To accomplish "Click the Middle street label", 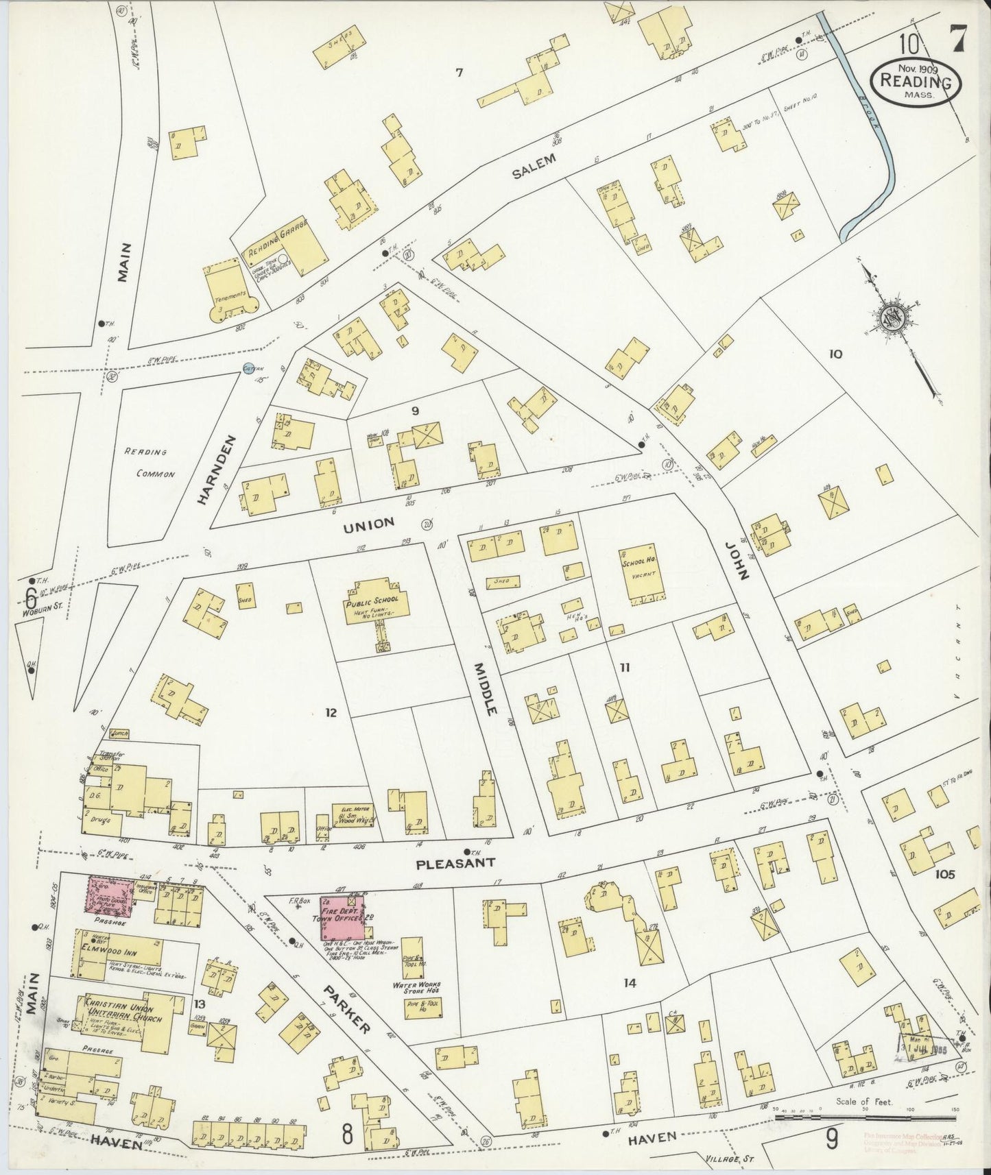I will click(484, 687).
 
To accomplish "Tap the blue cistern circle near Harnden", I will click(249, 369).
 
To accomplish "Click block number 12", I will click(331, 713).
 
